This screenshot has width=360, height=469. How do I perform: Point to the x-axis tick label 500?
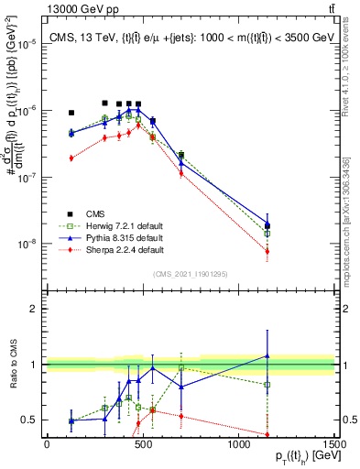142,444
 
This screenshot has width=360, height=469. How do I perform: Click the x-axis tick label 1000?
238,444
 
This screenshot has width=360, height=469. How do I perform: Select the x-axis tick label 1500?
333,444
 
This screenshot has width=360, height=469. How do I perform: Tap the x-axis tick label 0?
47,444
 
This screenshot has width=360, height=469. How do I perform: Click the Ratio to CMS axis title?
12,365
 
